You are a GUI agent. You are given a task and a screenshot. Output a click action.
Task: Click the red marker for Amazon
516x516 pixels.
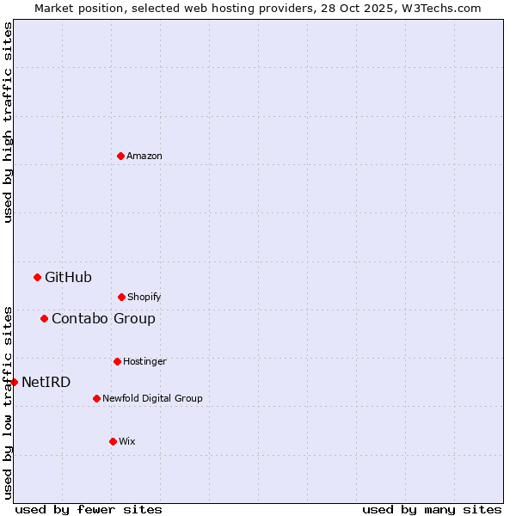tap(120, 156)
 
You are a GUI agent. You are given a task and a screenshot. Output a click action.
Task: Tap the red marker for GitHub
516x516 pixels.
tap(37, 277)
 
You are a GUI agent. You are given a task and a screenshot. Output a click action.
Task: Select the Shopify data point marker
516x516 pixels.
tap(121, 297)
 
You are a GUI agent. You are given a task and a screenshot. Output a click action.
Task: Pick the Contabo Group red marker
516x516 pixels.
tap(44, 318)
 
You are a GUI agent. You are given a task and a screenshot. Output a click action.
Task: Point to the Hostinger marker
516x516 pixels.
tap(117, 361)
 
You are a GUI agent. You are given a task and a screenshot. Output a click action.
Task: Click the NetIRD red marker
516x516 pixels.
tap(14, 382)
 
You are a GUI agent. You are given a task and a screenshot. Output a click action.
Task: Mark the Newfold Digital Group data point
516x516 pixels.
tap(96, 398)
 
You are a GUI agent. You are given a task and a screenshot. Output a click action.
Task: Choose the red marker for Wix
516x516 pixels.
tap(113, 441)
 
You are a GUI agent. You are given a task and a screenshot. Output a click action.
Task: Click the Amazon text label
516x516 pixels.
tap(144, 157)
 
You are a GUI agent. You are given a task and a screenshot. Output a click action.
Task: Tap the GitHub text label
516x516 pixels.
tap(68, 277)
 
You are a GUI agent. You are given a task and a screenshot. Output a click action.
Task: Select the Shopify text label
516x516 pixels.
tap(144, 298)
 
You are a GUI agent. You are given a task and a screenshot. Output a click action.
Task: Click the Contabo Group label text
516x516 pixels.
tap(103, 319)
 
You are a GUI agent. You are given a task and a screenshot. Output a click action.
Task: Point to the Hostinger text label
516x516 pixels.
tap(144, 362)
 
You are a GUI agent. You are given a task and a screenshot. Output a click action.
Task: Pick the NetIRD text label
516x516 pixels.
tap(46, 383)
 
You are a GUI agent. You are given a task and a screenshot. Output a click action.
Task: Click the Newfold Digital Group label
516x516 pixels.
tap(152, 399)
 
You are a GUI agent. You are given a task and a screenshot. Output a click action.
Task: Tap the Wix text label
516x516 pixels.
tap(127, 442)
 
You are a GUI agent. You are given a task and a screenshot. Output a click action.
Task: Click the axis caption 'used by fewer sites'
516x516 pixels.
tap(89, 509)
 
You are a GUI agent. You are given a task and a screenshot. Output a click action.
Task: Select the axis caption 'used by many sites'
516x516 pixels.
tap(432, 509)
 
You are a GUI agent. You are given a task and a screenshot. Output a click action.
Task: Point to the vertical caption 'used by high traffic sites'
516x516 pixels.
tap(8, 122)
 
